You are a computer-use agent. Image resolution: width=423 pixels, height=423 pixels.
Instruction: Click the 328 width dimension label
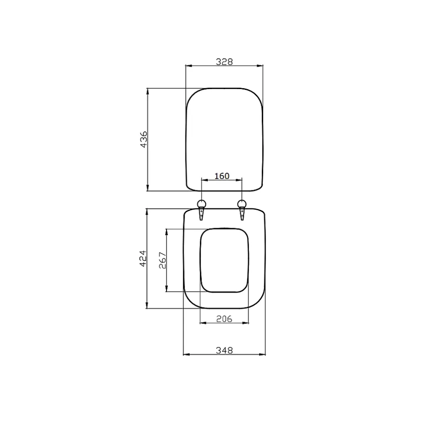(224, 62)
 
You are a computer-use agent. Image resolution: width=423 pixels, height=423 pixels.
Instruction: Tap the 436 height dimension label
(144, 139)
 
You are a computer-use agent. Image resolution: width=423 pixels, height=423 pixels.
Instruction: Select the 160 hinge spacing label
(222, 176)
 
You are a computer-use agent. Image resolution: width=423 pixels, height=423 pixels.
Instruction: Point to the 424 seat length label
(143, 258)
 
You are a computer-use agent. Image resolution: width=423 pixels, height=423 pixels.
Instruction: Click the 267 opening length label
(162, 261)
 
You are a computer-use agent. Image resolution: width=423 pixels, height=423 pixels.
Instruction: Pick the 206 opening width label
(224, 319)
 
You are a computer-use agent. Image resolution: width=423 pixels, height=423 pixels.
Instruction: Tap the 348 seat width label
(224, 351)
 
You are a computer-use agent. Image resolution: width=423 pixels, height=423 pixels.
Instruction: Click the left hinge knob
(202, 203)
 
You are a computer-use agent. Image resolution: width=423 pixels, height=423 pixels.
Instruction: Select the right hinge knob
(242, 203)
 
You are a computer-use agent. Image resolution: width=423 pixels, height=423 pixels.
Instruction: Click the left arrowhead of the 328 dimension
(189, 66)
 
